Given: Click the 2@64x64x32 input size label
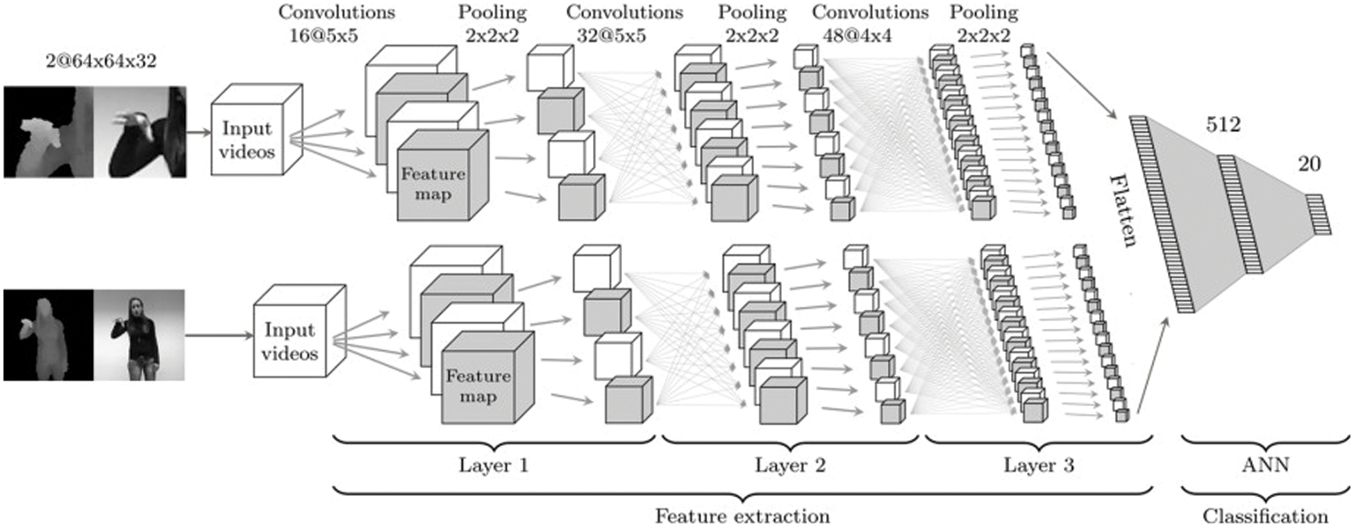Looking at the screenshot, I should coord(101,61).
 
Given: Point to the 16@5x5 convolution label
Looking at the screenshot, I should coord(324,35).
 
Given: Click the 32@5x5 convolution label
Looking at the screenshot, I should coord(611,35).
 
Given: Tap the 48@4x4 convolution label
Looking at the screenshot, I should coord(857,35).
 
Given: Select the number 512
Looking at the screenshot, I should coord(1223,124).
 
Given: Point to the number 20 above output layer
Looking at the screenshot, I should coord(1309,164).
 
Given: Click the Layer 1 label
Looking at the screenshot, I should coord(493,465).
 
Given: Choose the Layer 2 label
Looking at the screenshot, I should coord(790,465).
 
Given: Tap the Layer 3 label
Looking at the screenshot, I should coord(1038,465).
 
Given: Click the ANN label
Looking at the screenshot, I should coord(1265,465).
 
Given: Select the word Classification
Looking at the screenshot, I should coord(1265,516).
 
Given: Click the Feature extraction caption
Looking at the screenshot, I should coord(742,516).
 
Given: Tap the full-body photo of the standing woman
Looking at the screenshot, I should coord(140,335).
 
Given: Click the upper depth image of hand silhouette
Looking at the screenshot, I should coord(49,132).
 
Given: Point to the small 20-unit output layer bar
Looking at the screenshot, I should coord(1319,215).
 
